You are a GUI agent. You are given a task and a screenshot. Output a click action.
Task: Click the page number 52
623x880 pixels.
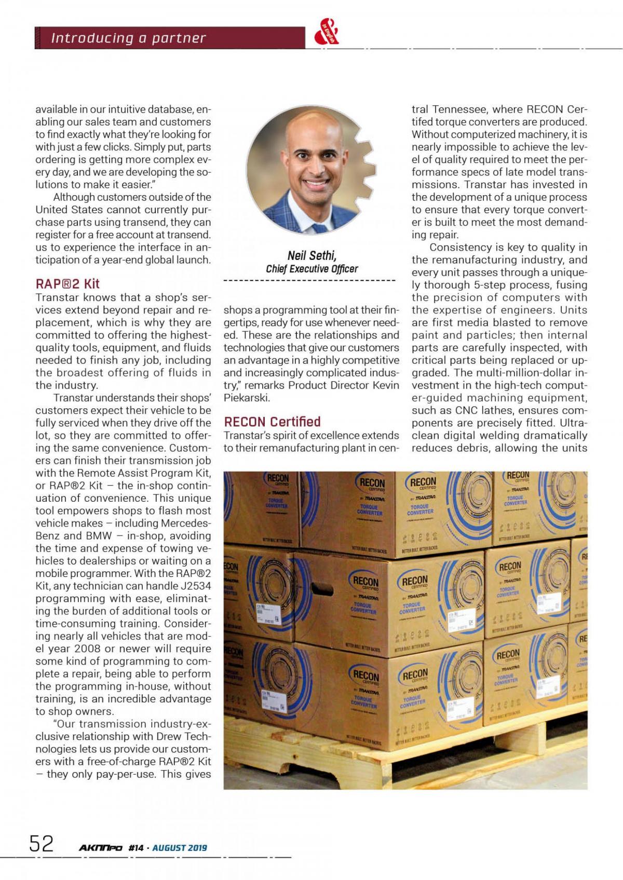(41, 844)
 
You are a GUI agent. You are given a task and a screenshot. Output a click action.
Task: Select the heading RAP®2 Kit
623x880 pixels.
(67, 284)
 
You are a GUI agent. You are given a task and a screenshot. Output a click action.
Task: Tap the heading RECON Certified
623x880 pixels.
(273, 421)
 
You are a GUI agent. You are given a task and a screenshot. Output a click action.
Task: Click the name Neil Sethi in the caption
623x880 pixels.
(311, 255)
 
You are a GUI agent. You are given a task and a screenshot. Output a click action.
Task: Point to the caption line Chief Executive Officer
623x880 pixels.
(311, 269)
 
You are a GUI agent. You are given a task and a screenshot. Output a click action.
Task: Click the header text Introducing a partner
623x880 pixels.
(128, 38)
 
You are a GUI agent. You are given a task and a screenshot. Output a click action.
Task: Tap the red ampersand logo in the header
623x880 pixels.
(327, 35)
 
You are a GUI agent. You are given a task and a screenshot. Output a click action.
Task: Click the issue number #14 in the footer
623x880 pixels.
(136, 848)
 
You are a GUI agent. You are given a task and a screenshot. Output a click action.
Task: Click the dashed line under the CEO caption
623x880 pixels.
(309, 281)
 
